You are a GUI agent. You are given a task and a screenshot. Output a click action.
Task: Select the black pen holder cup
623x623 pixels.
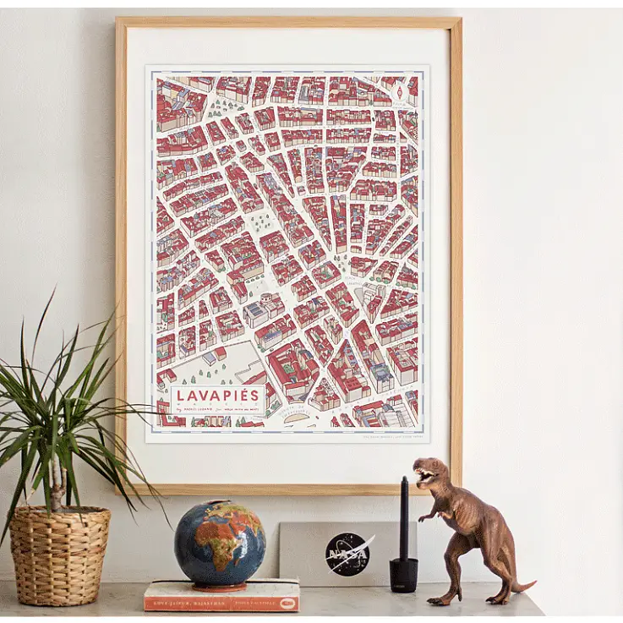pos(403,574)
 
